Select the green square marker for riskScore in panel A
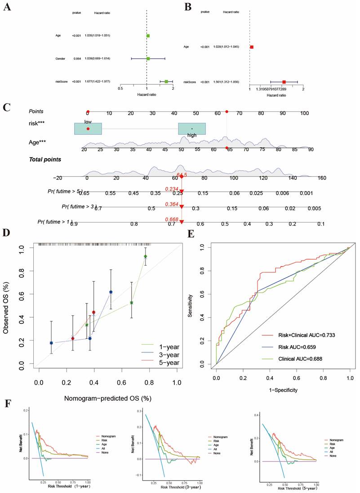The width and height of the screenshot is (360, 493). pos(166,82)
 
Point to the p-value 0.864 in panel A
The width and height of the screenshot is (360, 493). pos(77,58)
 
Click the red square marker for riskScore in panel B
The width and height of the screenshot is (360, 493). pos(284,82)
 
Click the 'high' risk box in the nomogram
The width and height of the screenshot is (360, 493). pos(192,129)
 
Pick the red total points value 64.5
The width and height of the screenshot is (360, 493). pos(182,174)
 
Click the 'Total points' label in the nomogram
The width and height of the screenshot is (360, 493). pos(45,159)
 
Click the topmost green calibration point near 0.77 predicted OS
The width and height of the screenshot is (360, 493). pos(146,256)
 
